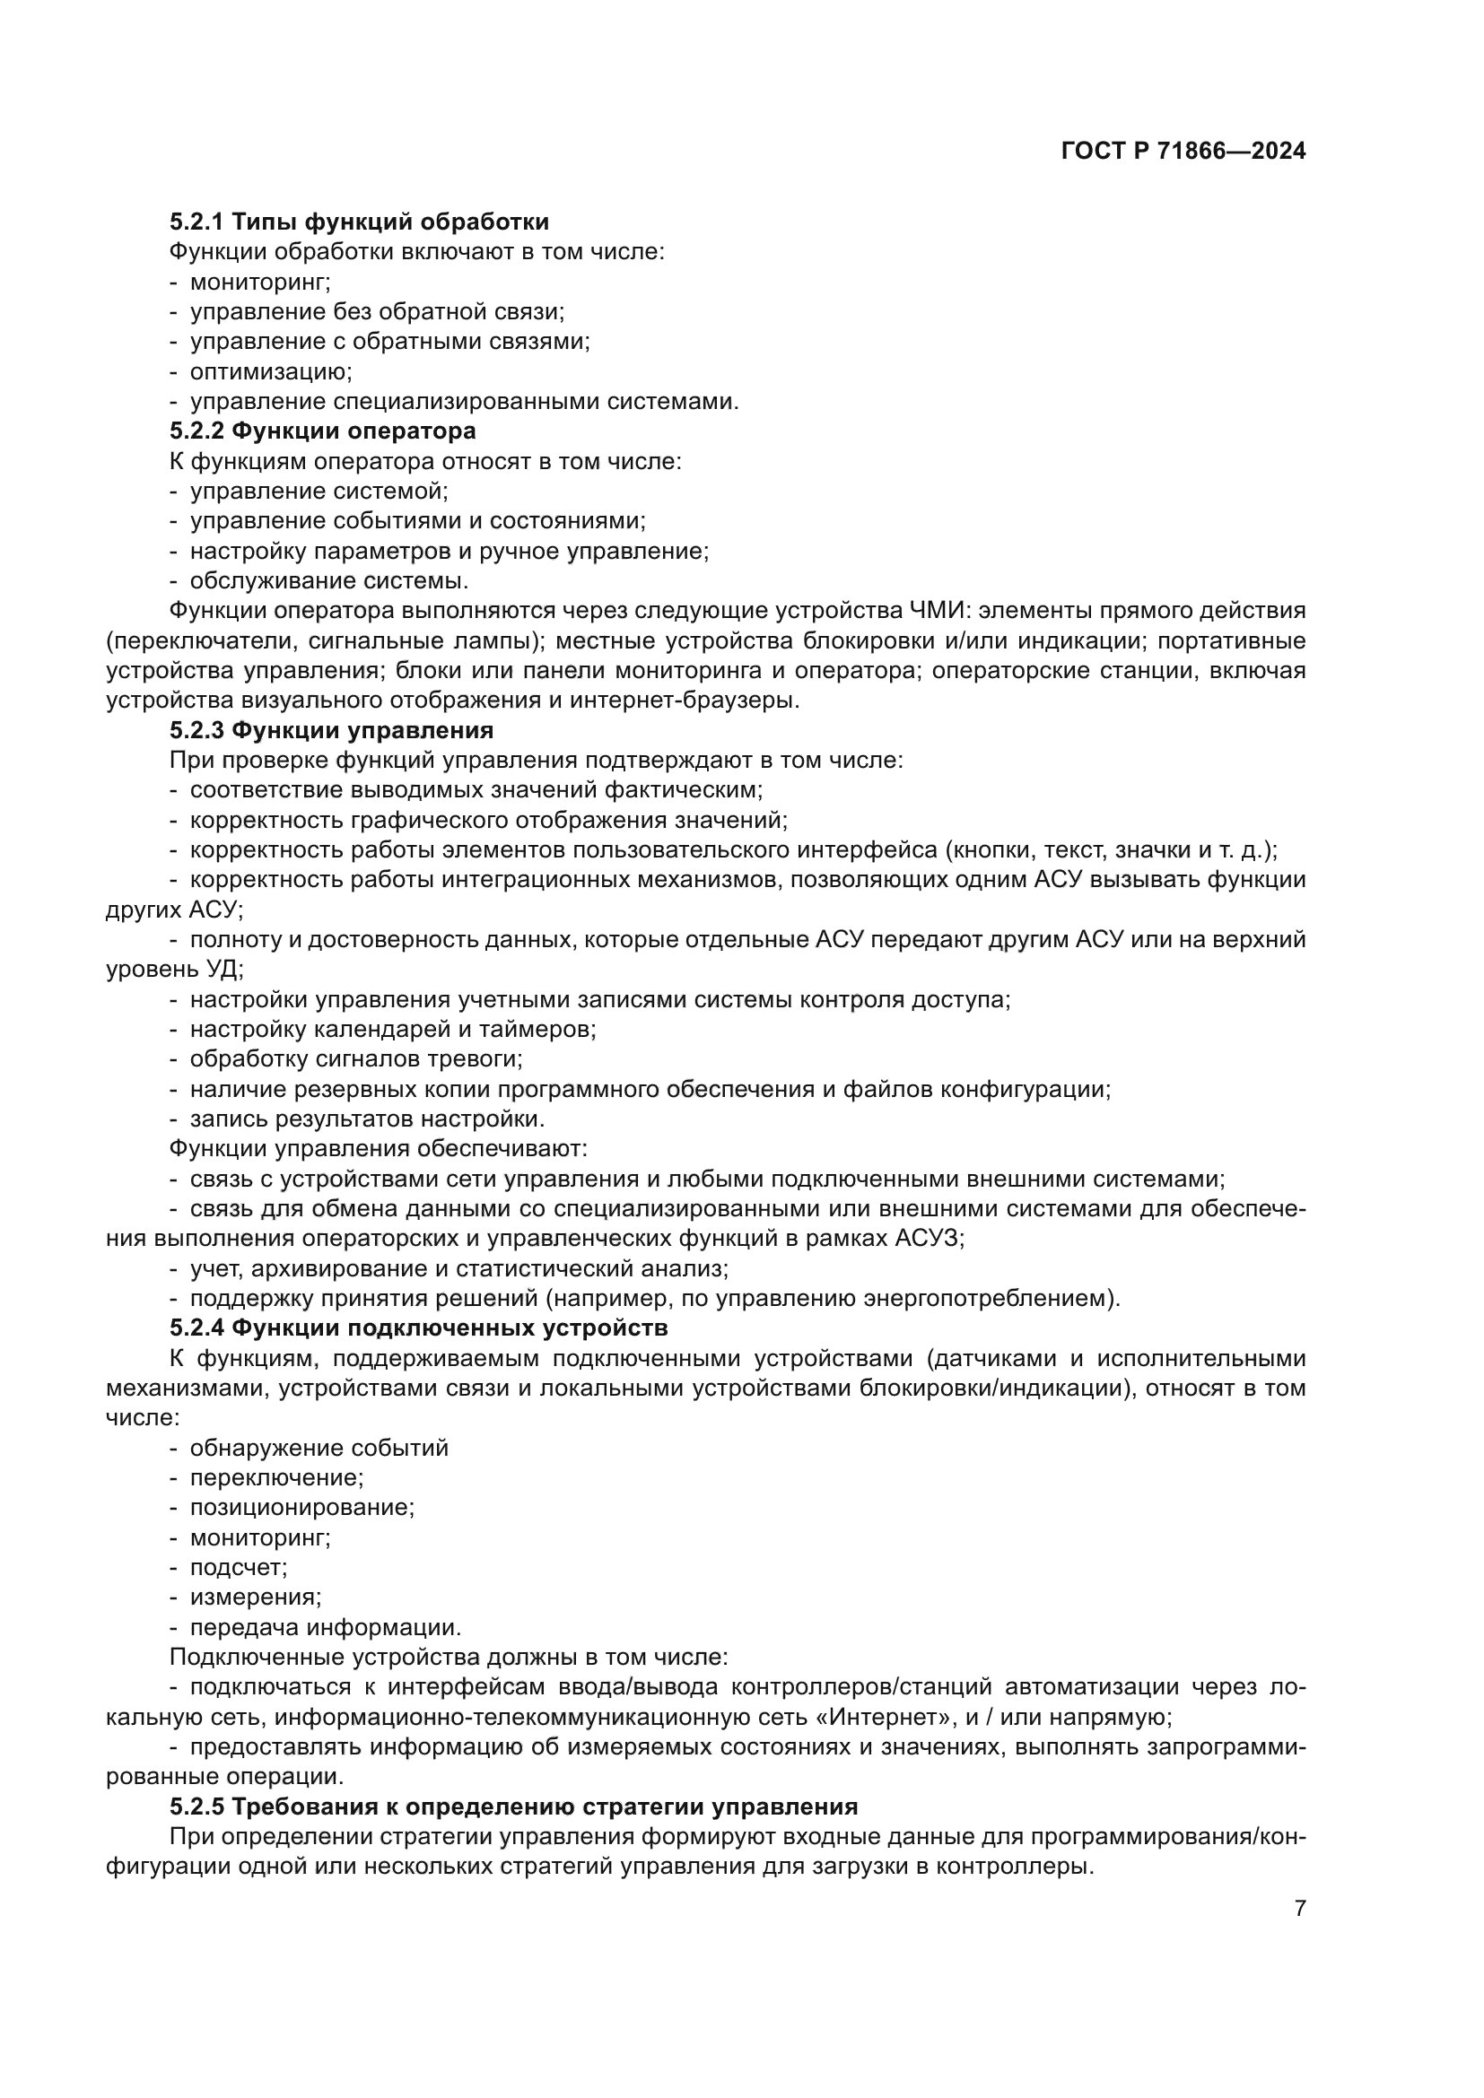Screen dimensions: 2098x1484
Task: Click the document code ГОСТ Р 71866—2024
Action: click(x=1183, y=152)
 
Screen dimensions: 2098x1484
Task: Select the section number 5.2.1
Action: click(x=196, y=222)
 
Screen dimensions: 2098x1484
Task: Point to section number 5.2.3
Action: click(x=196, y=730)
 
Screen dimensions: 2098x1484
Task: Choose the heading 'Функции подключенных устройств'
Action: click(x=450, y=1327)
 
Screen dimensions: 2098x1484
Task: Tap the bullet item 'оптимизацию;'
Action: click(x=270, y=372)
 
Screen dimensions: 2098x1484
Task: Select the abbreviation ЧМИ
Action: click(x=937, y=611)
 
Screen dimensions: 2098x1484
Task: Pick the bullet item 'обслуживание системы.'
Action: click(x=329, y=580)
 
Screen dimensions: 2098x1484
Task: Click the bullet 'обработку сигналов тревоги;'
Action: click(x=355, y=1059)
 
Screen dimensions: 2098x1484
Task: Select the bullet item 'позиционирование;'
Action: click(x=301, y=1507)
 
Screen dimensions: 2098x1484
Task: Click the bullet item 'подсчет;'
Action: click(x=239, y=1567)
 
